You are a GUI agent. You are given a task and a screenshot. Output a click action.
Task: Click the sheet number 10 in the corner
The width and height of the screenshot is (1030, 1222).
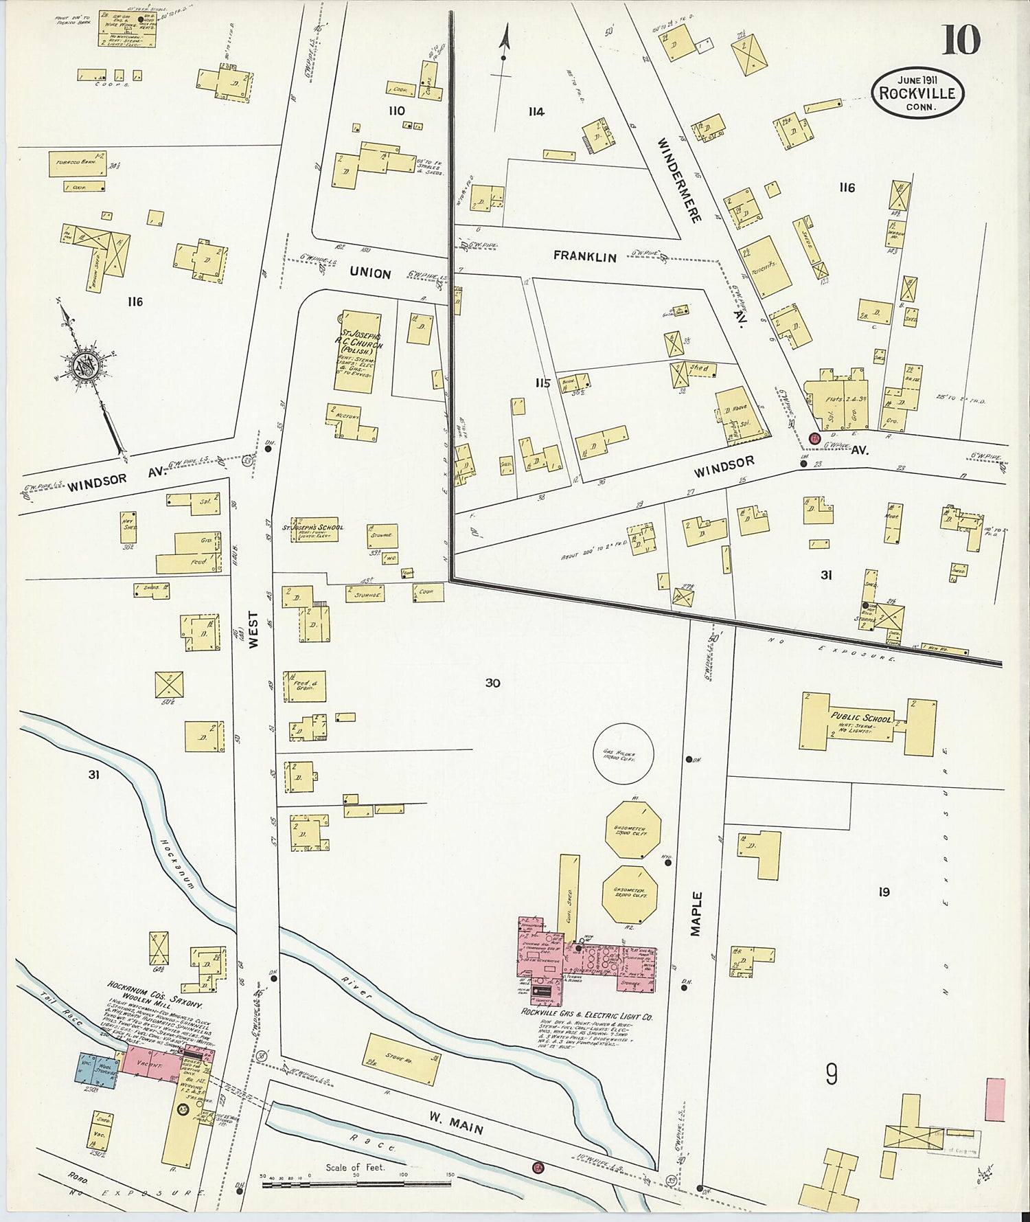tap(961, 40)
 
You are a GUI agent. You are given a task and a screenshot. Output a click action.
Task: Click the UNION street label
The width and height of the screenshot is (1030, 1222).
tap(370, 273)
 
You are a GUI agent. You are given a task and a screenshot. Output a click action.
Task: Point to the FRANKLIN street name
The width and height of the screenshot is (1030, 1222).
tap(585, 257)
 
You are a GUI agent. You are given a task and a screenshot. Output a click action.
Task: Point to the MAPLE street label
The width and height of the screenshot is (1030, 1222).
tap(697, 914)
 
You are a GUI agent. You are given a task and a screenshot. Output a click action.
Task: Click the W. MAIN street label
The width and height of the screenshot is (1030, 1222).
tap(457, 1123)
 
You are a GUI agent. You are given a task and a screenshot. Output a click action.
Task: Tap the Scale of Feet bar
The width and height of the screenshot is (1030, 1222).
tap(356, 1184)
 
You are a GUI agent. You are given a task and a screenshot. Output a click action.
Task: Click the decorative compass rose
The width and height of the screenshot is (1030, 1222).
tap(86, 366)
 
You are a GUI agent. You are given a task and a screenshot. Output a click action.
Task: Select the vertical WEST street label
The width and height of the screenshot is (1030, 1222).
tap(254, 630)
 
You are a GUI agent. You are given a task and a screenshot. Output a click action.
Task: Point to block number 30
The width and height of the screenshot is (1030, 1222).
tap(492, 683)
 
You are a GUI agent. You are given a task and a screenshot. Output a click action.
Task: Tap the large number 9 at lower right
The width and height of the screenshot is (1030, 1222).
tap(832, 1074)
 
